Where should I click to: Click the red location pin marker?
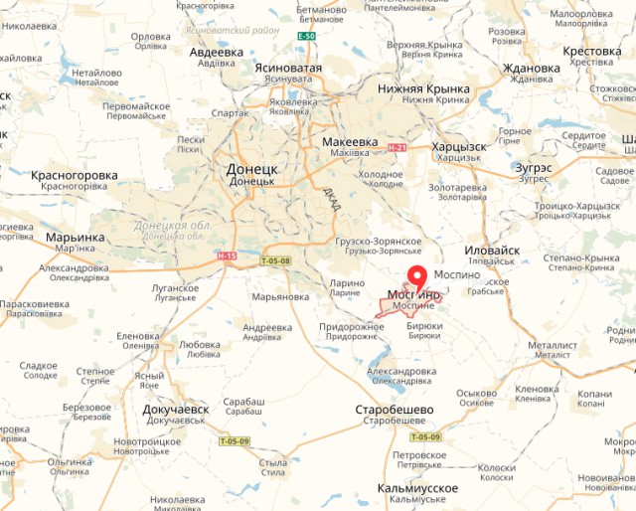point(418,278)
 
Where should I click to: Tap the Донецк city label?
point(252,170)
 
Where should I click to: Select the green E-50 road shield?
point(306,37)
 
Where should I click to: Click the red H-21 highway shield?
point(397,148)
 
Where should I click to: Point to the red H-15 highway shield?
point(228,255)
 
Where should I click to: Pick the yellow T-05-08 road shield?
point(276,261)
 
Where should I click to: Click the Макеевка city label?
point(351,142)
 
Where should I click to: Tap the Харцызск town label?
point(459,147)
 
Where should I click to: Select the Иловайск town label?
point(494,251)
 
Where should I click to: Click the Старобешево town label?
point(395,410)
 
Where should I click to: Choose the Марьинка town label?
point(76,238)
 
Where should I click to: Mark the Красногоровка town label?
point(75,175)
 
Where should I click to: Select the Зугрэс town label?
point(534,168)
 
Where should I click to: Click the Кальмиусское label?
point(417,488)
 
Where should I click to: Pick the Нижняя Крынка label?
point(421,87)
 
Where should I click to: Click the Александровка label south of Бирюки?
point(401,371)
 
